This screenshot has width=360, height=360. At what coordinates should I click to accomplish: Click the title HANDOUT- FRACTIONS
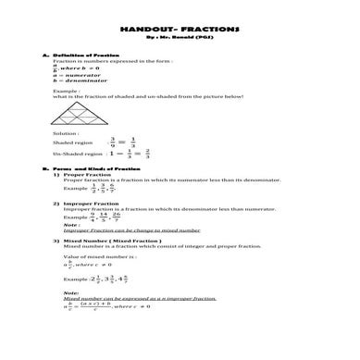[180, 31]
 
